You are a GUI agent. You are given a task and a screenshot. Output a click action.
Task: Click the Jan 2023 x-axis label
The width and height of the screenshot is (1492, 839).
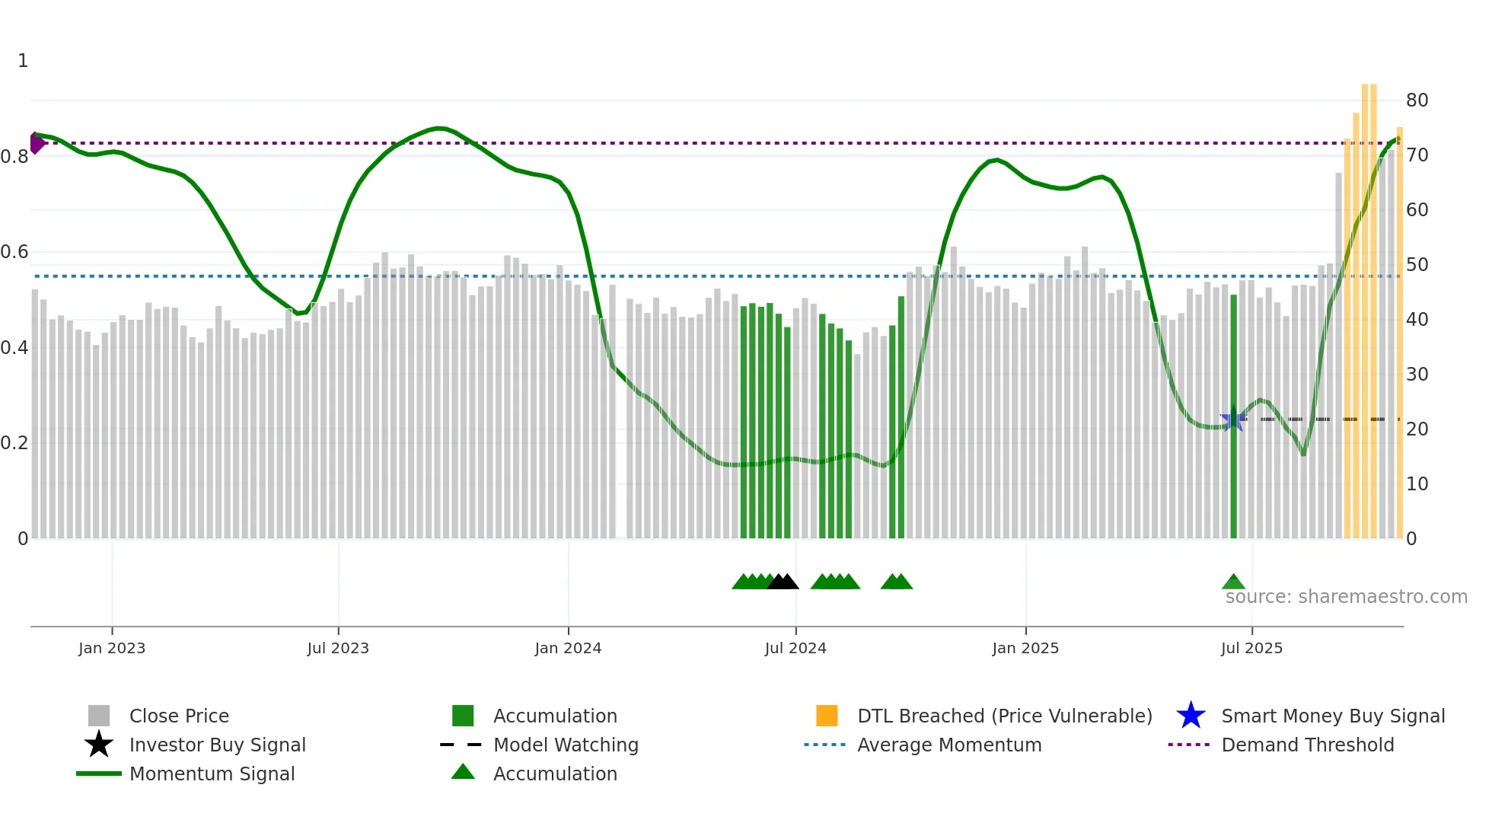click(112, 648)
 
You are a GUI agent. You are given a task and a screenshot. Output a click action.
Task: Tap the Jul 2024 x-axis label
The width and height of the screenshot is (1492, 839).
click(795, 648)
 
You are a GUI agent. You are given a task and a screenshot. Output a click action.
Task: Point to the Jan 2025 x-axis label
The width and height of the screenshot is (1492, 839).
click(1025, 648)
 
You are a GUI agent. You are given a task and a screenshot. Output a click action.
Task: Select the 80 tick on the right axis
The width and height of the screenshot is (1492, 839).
click(1417, 100)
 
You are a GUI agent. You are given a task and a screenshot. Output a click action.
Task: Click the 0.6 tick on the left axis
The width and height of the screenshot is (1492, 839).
click(14, 252)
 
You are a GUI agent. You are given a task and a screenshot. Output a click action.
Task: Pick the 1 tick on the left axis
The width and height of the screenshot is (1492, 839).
click(23, 61)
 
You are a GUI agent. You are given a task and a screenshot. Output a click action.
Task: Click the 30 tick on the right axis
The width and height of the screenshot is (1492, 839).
click(1417, 375)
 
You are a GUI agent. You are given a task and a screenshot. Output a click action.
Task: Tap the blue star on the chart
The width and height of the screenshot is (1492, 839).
click(1232, 419)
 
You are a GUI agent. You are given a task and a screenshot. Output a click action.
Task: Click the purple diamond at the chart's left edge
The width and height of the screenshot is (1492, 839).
click(36, 142)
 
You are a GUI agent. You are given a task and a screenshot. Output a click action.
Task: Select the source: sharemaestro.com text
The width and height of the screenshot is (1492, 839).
click(1346, 597)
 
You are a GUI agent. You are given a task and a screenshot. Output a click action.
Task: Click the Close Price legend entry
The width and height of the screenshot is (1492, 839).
click(179, 716)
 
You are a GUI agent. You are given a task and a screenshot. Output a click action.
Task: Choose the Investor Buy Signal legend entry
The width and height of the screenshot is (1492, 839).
click(217, 745)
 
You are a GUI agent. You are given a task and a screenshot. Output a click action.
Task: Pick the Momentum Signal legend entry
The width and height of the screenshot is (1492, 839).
click(212, 774)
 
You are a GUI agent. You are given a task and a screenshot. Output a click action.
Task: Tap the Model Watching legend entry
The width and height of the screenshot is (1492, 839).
click(566, 745)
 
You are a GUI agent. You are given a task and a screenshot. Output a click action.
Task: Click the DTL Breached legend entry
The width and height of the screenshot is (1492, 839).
click(1004, 716)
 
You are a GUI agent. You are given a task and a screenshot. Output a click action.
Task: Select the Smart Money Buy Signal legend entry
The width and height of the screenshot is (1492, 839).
click(1333, 716)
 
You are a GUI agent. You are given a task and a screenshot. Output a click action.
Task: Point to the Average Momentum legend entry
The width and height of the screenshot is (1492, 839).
click(949, 745)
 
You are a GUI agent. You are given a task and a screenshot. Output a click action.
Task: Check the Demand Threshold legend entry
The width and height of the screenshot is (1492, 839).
click(1308, 745)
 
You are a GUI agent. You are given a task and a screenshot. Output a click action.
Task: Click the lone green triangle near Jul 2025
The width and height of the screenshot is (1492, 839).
click(1233, 582)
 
